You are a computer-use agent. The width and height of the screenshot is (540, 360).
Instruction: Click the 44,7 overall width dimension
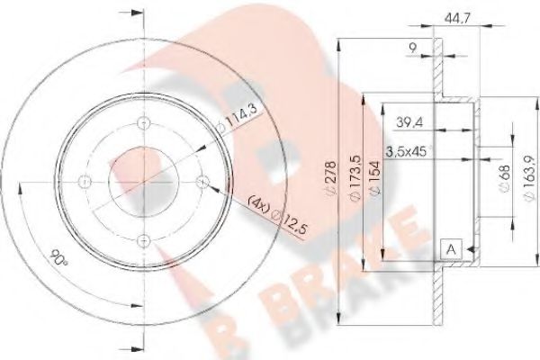tap(460, 16)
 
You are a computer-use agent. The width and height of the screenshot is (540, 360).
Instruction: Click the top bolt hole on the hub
tap(141, 125)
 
